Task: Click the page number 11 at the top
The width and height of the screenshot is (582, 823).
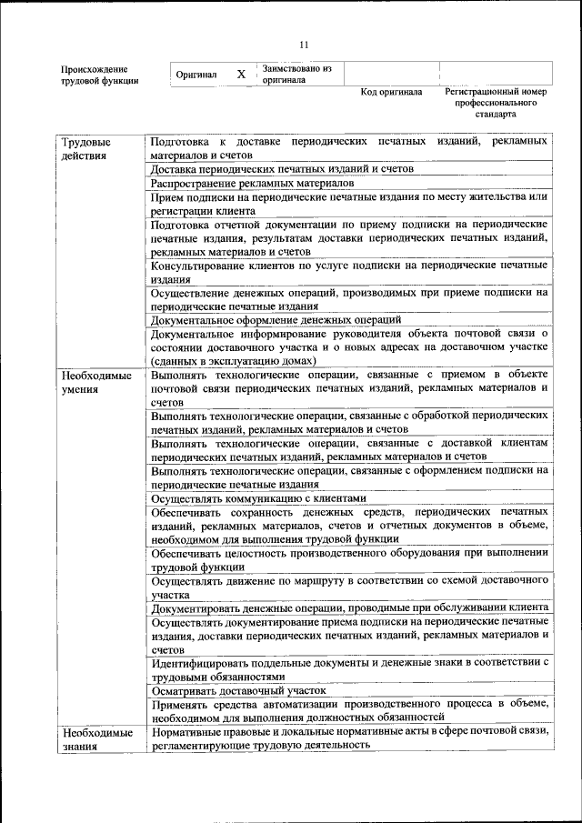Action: coord(304,44)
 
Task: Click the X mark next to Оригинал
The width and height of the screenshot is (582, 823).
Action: coord(241,74)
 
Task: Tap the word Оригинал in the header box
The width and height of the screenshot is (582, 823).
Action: coord(196,75)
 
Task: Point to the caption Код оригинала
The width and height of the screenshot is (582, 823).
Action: coord(391,93)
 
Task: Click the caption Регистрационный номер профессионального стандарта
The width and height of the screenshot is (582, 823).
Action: coord(495,104)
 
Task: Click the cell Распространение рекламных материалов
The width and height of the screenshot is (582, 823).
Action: coord(253,183)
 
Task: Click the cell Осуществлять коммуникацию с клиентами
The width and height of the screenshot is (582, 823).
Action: coord(259,498)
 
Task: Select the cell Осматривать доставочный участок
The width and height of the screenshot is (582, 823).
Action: coord(239,691)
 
